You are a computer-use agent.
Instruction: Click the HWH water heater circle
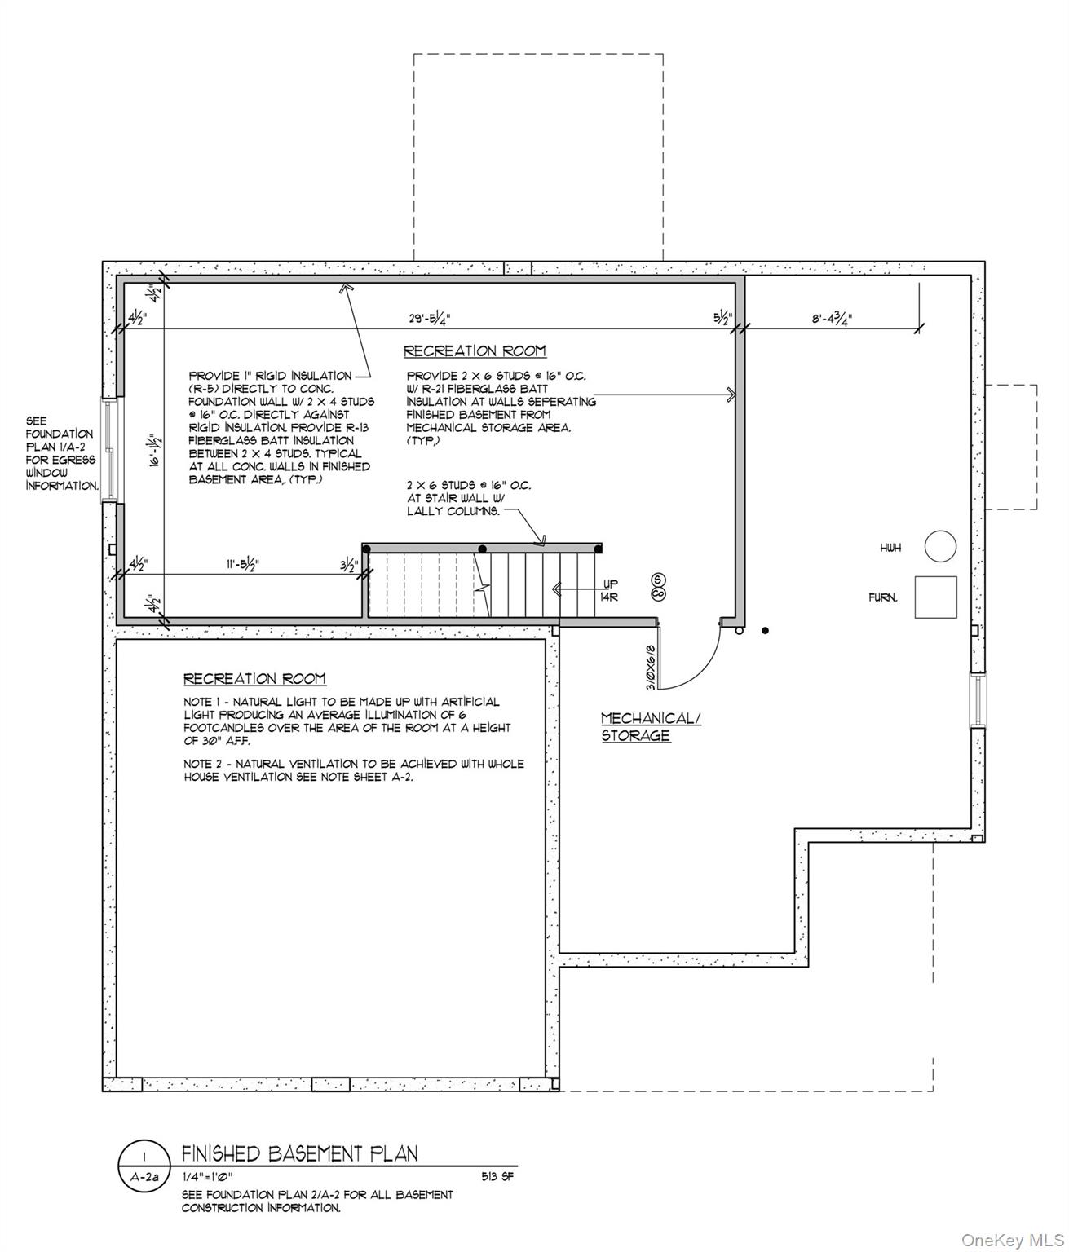[940, 546]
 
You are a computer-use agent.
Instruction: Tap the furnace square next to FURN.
[935, 597]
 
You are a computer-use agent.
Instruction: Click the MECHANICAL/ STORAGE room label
[650, 726]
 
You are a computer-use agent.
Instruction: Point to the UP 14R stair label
[610, 590]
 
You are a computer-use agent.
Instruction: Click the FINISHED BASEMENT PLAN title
[299, 1153]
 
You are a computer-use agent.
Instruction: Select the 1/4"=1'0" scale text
[207, 1177]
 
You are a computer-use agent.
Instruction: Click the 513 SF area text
[497, 1177]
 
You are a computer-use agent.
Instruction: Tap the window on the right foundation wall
[977, 699]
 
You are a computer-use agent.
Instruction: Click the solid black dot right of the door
[765, 630]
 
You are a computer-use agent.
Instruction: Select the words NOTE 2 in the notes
[206, 764]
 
